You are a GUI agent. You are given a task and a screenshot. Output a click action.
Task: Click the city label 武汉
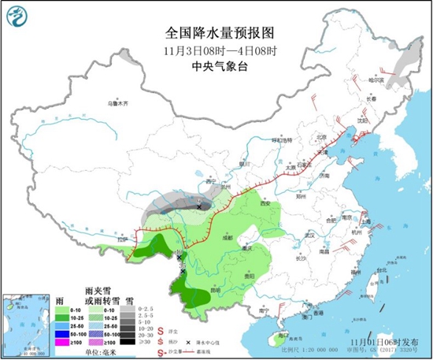(309, 235)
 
